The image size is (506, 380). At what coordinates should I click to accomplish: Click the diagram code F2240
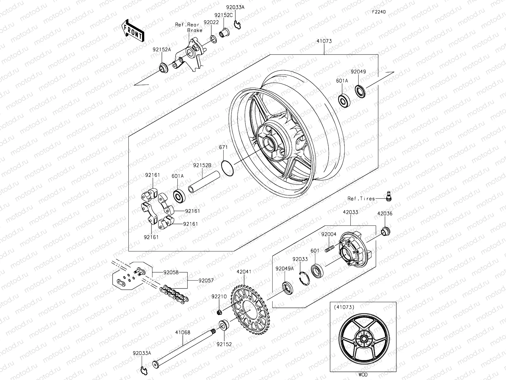[379, 12]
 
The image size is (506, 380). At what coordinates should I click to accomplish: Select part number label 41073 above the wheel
[323, 41]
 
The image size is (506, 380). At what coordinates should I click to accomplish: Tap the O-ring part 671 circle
[227, 168]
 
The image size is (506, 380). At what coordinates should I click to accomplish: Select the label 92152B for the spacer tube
[202, 165]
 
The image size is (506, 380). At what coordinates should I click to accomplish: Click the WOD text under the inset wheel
[363, 375]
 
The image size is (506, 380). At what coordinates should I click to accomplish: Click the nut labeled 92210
[219, 313]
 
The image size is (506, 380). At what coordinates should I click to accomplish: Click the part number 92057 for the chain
[206, 280]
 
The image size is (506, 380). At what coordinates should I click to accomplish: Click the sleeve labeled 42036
[385, 231]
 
